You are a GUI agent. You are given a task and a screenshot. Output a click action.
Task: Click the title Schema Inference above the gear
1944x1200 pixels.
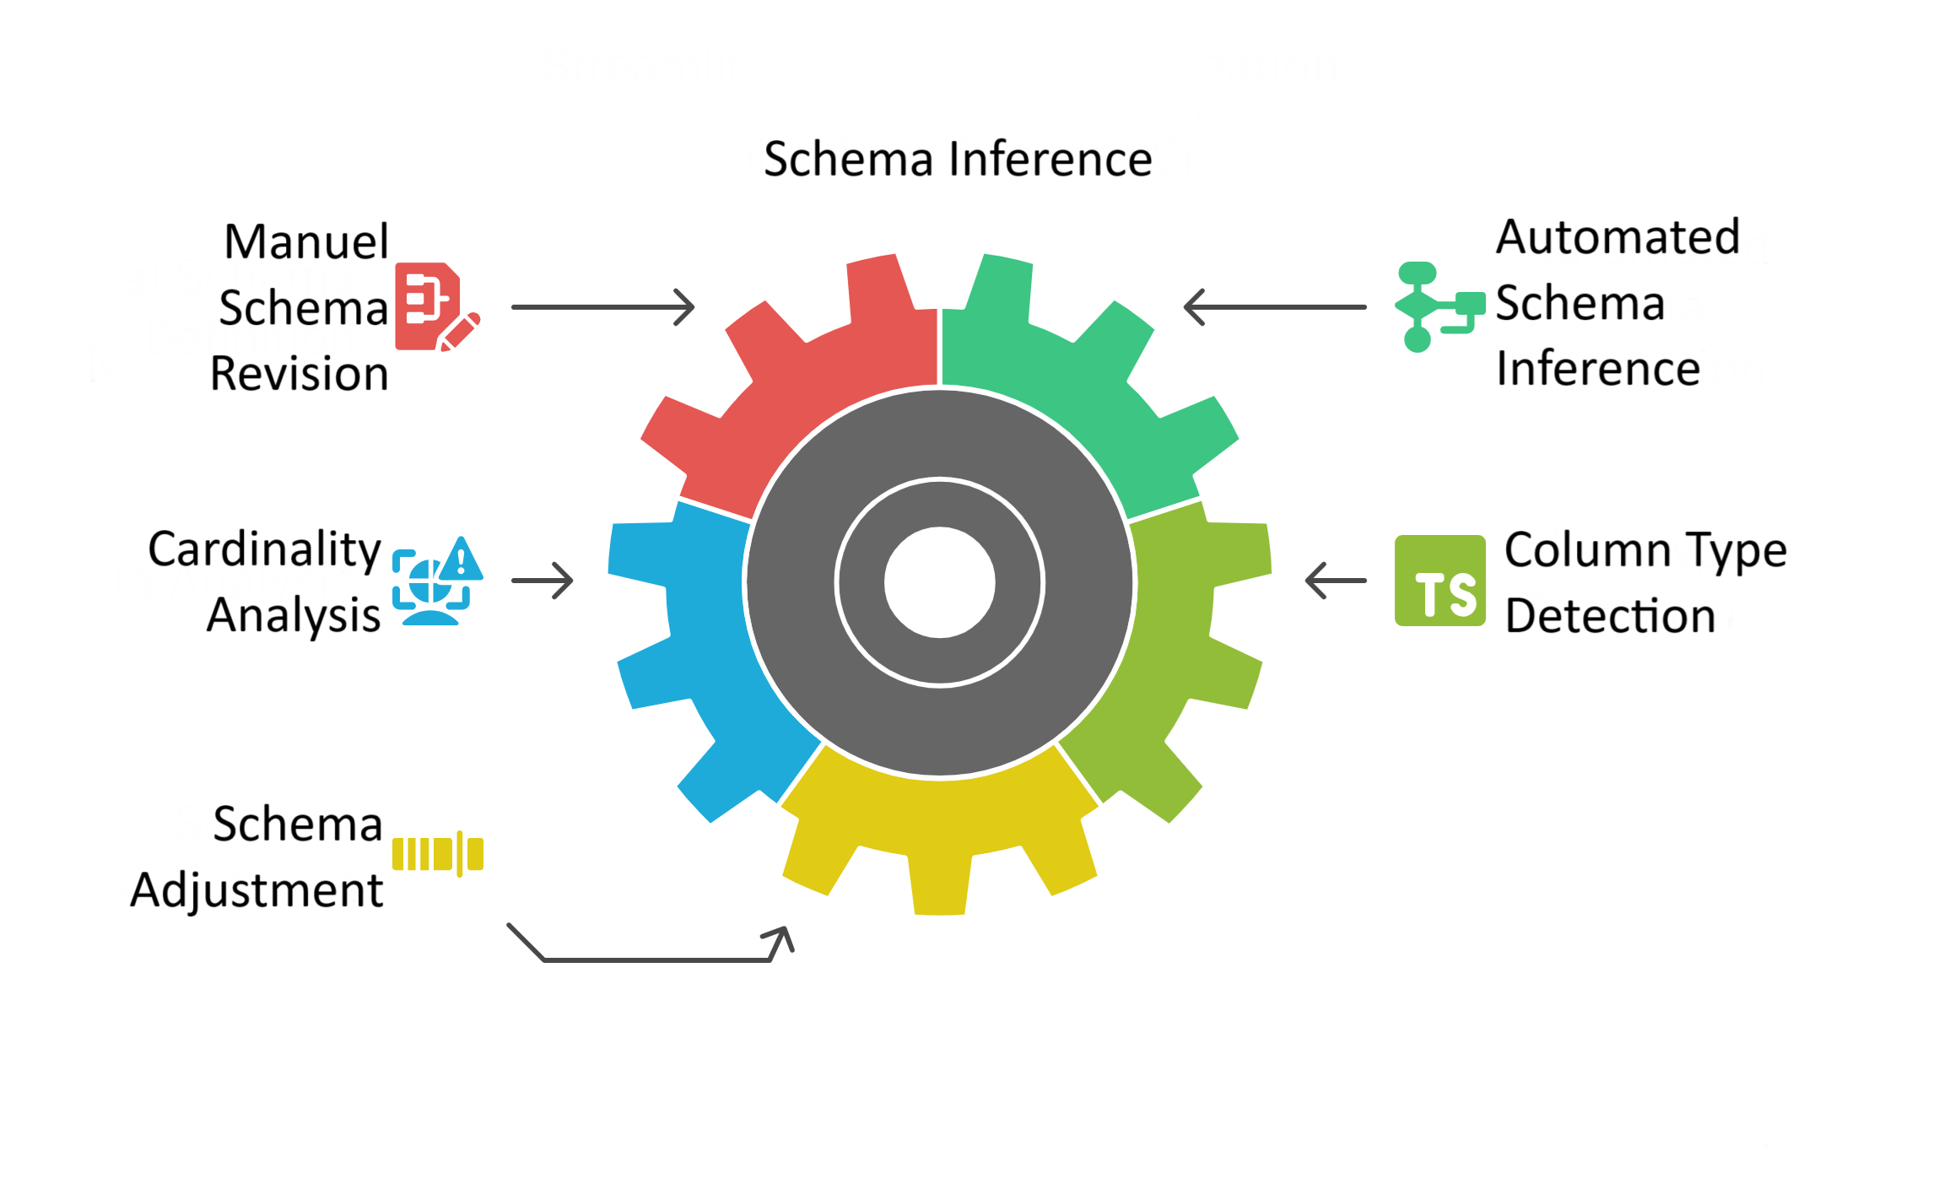[x=958, y=159]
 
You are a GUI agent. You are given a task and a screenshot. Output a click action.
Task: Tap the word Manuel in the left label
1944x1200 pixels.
[x=306, y=242]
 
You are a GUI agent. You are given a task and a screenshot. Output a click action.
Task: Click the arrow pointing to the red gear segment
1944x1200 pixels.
[x=602, y=307]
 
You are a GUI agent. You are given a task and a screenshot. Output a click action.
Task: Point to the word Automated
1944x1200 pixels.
[x=1617, y=237]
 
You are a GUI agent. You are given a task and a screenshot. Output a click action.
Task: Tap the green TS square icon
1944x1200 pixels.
[x=1439, y=581]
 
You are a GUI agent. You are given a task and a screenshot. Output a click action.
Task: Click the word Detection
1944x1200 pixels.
[x=1610, y=616]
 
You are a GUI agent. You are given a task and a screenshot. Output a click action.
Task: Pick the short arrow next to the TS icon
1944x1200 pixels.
[x=1336, y=581]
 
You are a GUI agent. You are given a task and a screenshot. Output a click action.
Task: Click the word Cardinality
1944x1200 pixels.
[x=264, y=549]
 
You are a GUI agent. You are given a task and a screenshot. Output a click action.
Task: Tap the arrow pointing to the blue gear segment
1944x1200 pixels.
[x=543, y=581]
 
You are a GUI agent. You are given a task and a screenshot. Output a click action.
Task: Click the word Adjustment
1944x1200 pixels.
[x=256, y=890]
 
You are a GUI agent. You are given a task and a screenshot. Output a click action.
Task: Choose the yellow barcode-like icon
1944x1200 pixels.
[x=437, y=854]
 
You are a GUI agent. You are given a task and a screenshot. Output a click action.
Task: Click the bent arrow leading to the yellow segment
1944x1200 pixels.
[x=658, y=959]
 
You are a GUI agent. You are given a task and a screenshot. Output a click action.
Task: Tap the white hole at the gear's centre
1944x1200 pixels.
[x=939, y=582]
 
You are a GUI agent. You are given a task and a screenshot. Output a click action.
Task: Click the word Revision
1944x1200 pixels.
[x=299, y=374]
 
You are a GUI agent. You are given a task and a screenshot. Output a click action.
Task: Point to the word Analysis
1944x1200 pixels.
[x=293, y=615]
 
